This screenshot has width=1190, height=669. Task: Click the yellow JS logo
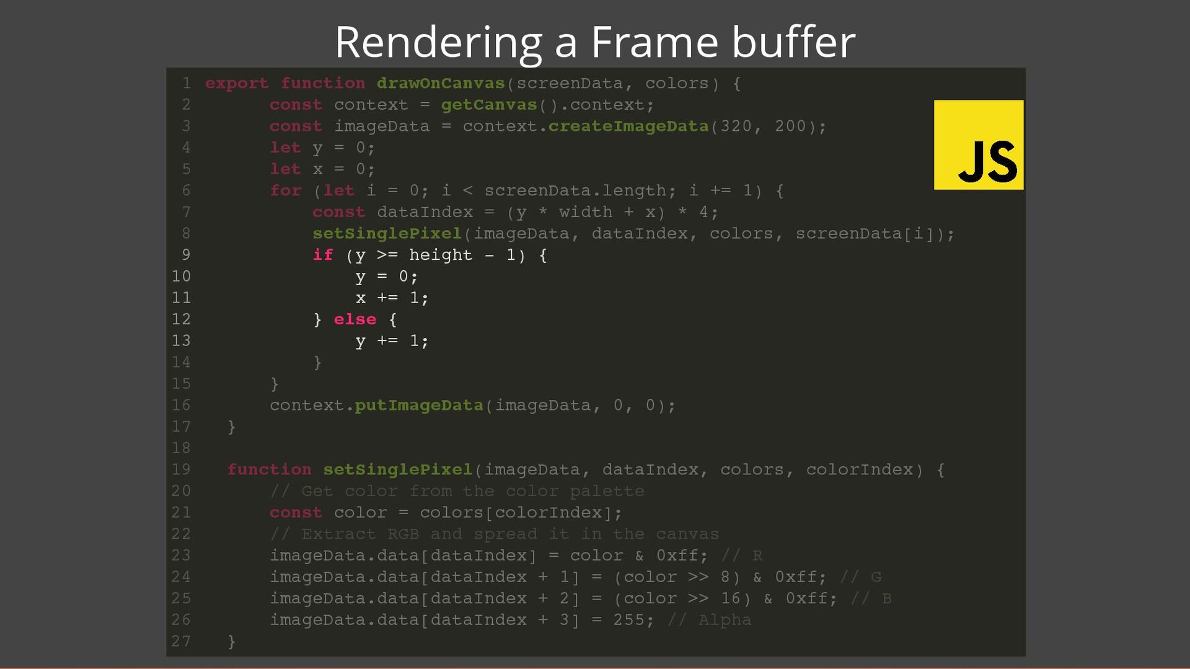978,144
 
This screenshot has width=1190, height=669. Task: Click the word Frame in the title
654,42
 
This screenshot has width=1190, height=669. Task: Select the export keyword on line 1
237,83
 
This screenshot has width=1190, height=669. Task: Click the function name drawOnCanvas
441,83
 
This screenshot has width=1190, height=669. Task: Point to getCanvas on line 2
489,105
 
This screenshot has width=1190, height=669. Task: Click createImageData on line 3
628,126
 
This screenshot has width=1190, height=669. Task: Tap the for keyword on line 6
286,191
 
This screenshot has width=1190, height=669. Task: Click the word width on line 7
585,212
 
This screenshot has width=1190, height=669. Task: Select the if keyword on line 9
323,255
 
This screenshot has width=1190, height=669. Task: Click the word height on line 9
441,255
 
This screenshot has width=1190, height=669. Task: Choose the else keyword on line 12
355,319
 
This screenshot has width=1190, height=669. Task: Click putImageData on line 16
419,405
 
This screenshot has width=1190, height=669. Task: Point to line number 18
181,448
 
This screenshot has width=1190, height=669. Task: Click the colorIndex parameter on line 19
859,469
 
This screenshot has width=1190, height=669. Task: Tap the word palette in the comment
607,491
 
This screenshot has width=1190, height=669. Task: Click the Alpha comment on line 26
725,620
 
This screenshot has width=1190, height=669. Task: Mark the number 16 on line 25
730,598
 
